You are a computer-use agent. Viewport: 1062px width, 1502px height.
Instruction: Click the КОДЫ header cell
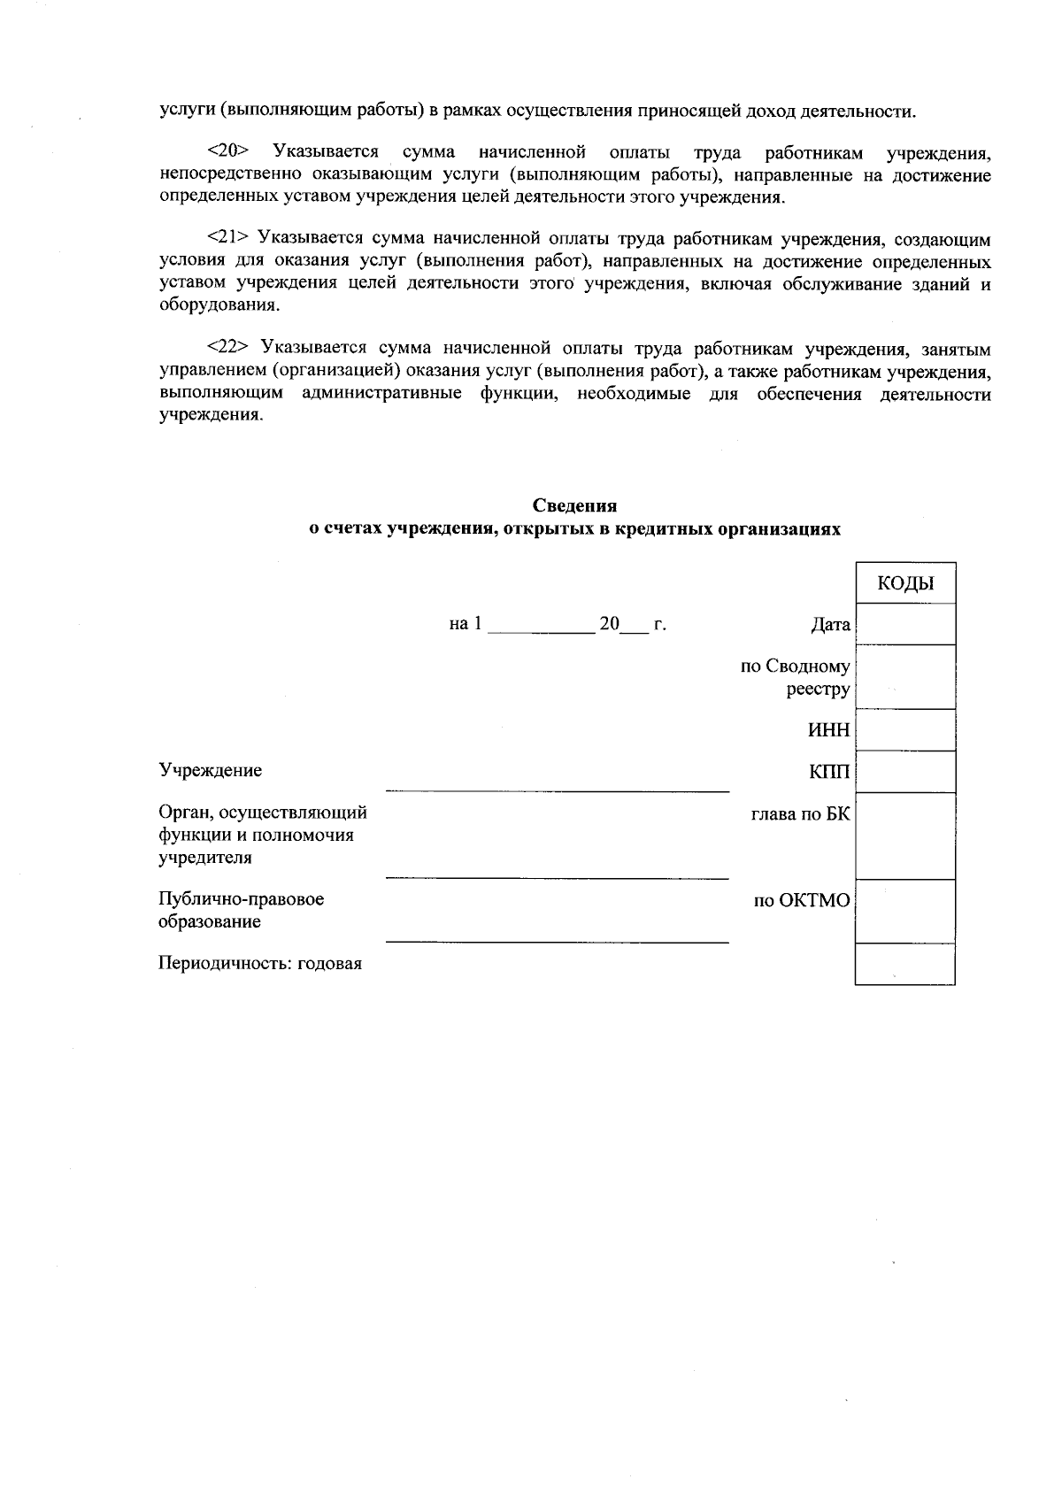coord(905,583)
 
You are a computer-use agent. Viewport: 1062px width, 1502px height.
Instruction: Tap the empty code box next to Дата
coord(905,624)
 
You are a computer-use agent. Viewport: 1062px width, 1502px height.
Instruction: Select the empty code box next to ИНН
coord(905,730)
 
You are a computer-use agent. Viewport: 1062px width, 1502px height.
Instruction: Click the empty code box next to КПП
coord(905,772)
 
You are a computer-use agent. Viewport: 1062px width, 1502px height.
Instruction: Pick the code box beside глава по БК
coord(905,836)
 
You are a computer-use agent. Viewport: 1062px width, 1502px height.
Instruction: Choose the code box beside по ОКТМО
coord(905,911)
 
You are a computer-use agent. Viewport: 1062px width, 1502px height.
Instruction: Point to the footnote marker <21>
coord(227,239)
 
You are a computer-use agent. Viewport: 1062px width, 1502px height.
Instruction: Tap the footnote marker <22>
coord(227,348)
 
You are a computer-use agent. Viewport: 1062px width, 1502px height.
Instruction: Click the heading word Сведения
coord(574,506)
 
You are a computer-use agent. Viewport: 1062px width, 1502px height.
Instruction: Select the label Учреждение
coord(210,770)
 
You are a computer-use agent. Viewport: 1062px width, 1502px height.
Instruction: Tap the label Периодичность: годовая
coord(260,964)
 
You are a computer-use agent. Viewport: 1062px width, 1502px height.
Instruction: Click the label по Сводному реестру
coord(796,678)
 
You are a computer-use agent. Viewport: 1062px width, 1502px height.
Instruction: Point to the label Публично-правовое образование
coord(241,910)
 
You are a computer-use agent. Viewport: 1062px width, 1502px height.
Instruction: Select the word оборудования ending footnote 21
coord(212,306)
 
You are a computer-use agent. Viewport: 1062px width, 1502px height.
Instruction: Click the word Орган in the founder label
coord(182,813)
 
